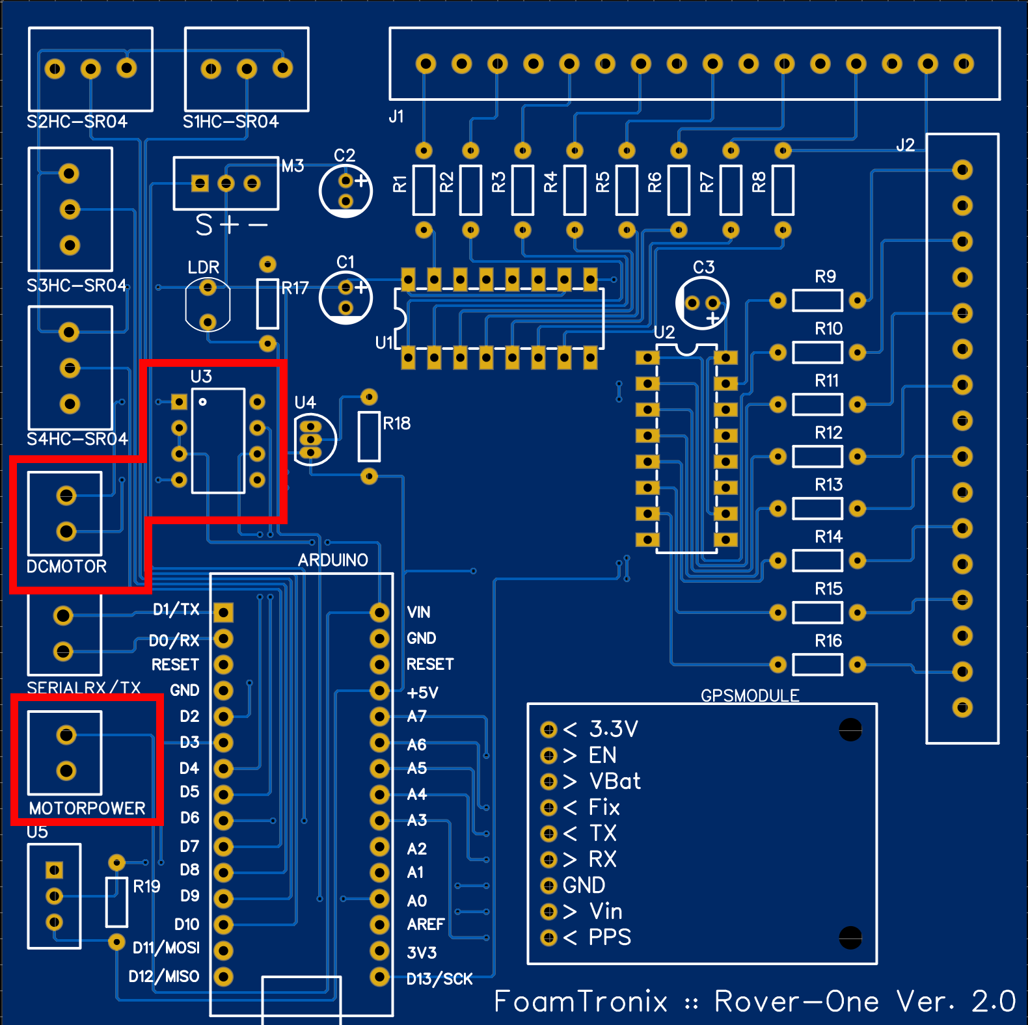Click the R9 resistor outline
click(x=817, y=300)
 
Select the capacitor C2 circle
click(x=345, y=191)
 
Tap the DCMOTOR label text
click(x=66, y=566)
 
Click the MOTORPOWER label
click(x=87, y=808)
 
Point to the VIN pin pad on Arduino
click(x=379, y=612)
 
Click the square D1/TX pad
click(x=223, y=612)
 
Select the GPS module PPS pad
click(x=548, y=938)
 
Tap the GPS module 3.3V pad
click(x=548, y=730)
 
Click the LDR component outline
click(x=208, y=304)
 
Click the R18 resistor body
click(x=369, y=437)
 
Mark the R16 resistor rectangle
click(x=817, y=665)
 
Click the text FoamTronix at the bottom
click(x=580, y=1002)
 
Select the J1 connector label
click(x=396, y=116)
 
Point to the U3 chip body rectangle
click(x=219, y=441)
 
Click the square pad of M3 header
click(x=200, y=183)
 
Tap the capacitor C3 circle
click(x=702, y=303)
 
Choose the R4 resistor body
click(x=575, y=190)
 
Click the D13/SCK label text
click(x=439, y=979)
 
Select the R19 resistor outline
click(x=116, y=902)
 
